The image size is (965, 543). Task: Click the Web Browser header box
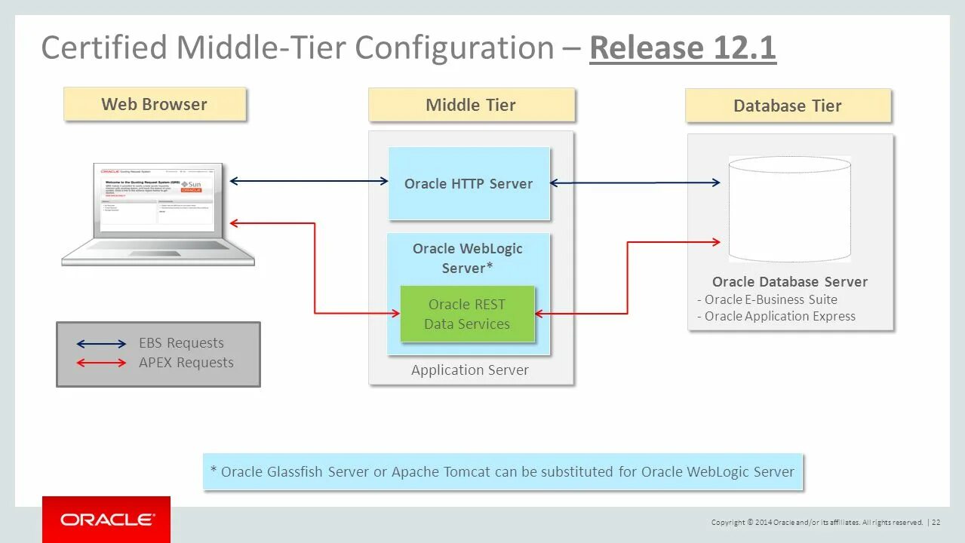coord(155,104)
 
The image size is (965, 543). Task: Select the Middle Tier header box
coord(471,105)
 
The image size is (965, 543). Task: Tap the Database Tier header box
coord(788,106)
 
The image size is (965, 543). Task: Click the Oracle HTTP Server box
coord(469,184)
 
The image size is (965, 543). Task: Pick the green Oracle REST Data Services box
coord(467,314)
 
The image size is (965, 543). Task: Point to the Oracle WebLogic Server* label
coord(468,258)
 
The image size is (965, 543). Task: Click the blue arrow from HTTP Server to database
coord(635,183)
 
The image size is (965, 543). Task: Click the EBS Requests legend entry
coord(181,343)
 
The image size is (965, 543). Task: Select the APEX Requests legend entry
coord(186,363)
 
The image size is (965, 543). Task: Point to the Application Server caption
coord(470,370)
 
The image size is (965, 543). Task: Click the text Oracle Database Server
coord(790,282)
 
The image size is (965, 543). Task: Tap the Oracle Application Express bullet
coord(779,317)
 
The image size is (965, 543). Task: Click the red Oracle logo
coord(106,520)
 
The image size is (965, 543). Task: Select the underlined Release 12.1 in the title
coord(682,48)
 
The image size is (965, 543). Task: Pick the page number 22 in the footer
coord(936,522)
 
